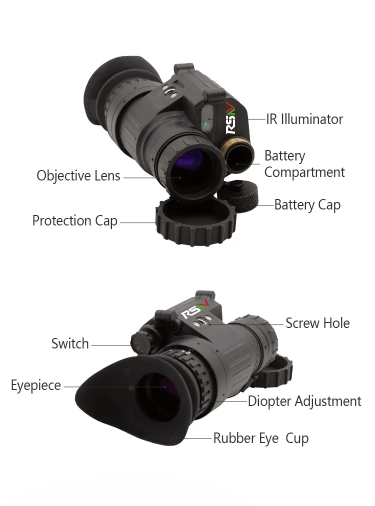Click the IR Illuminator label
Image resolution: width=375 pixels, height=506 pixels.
pyautogui.click(x=304, y=119)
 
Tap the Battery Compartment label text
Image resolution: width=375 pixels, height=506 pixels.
pyautogui.click(x=304, y=164)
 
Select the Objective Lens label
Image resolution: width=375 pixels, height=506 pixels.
pyautogui.click(x=78, y=176)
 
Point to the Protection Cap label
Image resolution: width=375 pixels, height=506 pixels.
pyautogui.click(x=75, y=221)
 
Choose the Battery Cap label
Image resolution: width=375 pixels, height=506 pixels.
pyautogui.click(x=307, y=205)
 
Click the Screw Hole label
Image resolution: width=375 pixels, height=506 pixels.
pyautogui.click(x=317, y=323)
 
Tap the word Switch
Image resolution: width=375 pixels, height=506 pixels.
pyautogui.click(x=70, y=344)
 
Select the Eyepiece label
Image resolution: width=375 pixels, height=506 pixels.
pyautogui.click(x=36, y=385)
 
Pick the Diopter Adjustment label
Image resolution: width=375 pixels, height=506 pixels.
pyautogui.click(x=304, y=401)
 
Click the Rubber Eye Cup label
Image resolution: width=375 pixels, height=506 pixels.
pyautogui.click(x=260, y=438)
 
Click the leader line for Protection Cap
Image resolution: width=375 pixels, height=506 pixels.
pyautogui.click(x=138, y=222)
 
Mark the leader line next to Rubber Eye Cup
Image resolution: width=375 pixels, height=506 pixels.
pyautogui.click(x=198, y=438)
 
